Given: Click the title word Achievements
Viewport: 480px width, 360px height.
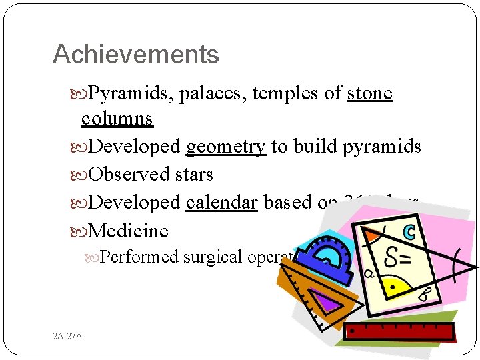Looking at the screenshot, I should [x=135, y=55].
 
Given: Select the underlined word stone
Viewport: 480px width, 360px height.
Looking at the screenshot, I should [x=369, y=94].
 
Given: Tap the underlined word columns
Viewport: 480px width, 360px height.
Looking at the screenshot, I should [x=117, y=119].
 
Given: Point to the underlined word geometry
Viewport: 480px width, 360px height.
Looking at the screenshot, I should [x=226, y=146].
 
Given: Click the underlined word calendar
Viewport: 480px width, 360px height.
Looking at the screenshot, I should [x=221, y=202].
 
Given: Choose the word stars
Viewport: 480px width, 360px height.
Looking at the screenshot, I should [x=191, y=175].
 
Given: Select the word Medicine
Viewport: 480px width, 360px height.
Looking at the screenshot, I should [x=128, y=231].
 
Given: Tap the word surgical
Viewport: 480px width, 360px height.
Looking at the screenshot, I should [x=213, y=257].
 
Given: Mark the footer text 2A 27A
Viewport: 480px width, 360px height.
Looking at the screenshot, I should [x=67, y=336].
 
